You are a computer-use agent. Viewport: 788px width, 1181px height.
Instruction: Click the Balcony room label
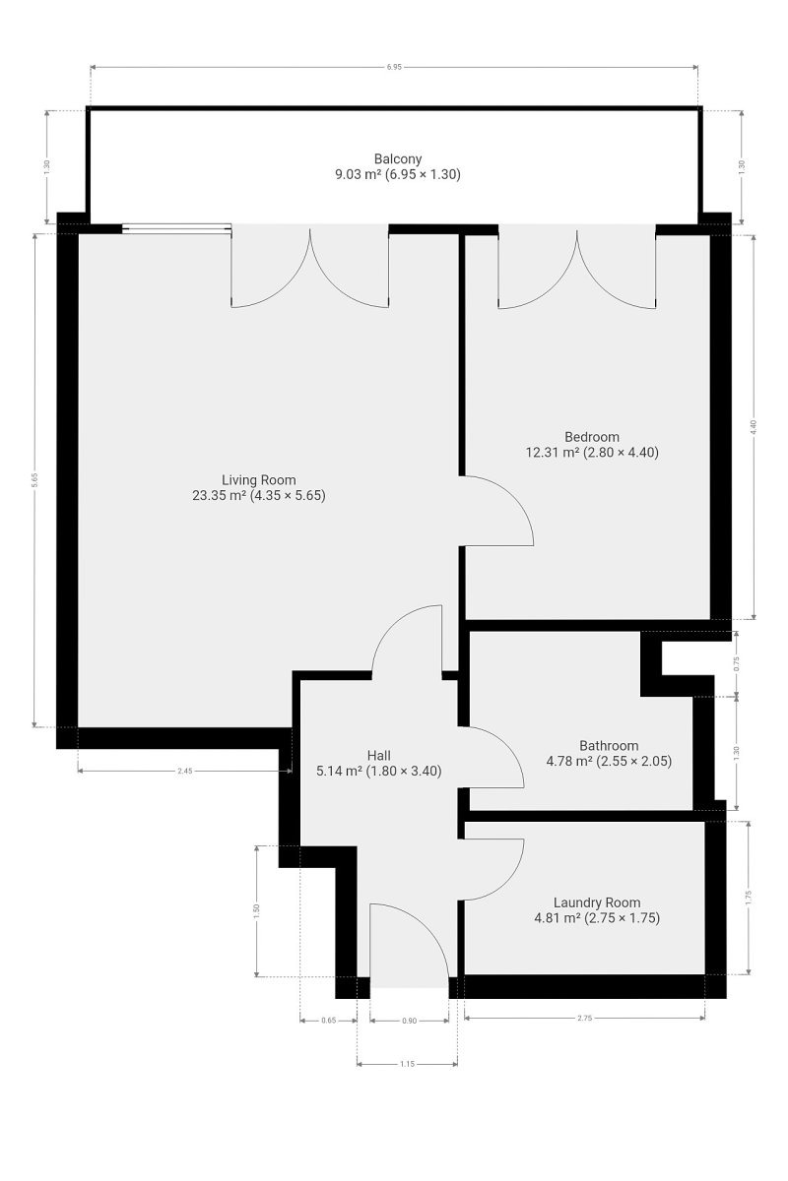[x=397, y=158]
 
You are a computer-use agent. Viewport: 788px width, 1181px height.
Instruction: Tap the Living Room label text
[x=259, y=480]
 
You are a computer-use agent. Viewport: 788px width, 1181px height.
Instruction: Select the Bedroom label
[x=592, y=437]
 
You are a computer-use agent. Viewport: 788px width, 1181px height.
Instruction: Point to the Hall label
[x=379, y=756]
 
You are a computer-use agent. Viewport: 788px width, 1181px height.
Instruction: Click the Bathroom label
[x=609, y=746]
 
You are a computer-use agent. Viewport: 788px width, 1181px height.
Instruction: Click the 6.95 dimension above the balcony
[x=394, y=67]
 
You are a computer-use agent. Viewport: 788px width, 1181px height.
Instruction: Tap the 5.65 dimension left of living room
[x=34, y=480]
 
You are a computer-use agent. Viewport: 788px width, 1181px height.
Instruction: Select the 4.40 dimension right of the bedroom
[x=754, y=426]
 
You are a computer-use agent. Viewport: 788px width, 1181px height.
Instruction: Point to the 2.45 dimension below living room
[x=185, y=771]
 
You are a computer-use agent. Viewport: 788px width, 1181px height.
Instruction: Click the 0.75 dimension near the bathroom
[x=737, y=663]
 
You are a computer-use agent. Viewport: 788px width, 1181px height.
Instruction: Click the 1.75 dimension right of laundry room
[x=749, y=898]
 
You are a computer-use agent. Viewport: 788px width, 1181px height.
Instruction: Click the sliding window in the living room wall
[x=176, y=228]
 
